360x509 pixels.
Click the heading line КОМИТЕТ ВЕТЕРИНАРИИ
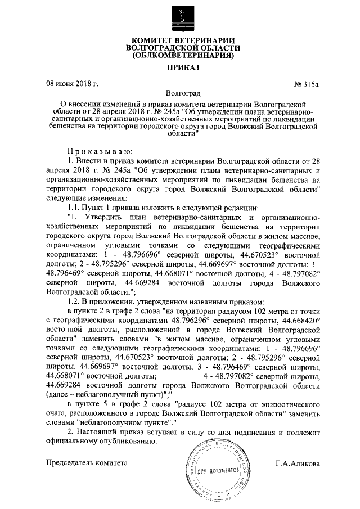179,41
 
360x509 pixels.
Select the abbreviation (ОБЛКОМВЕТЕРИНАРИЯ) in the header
179,56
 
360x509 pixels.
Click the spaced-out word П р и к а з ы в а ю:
100,152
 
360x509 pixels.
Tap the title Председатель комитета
87,463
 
